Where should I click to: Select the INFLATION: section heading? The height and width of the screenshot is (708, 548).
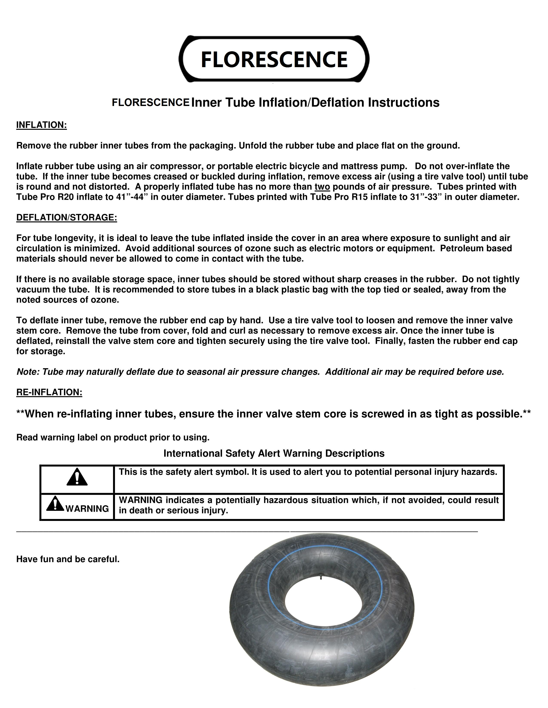pyautogui.click(x=41, y=125)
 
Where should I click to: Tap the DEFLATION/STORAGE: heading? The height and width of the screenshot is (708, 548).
pyautogui.click(x=67, y=218)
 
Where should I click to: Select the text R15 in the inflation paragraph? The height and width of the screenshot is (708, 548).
pyautogui.click(x=360, y=197)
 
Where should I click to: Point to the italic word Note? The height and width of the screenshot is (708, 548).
pyautogui.click(x=28, y=372)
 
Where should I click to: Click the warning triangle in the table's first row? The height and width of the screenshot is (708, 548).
pyautogui.click(x=77, y=477)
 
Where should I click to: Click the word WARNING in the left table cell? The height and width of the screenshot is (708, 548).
pyautogui.click(x=87, y=509)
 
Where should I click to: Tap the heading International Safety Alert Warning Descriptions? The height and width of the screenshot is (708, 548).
pyautogui.click(x=274, y=453)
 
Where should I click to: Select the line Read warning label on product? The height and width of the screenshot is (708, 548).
pyautogui.click(x=113, y=438)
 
